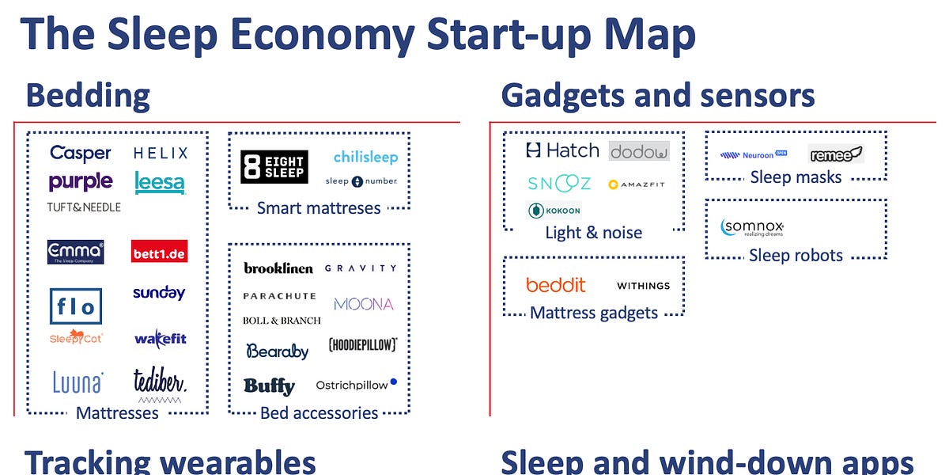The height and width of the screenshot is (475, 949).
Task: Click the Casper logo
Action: (x=80, y=153)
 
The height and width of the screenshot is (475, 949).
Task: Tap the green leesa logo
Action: (x=160, y=183)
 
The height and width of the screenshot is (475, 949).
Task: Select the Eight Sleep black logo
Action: (x=274, y=167)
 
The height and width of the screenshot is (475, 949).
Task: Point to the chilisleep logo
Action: (x=365, y=157)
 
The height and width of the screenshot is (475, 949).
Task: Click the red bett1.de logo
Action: (x=159, y=252)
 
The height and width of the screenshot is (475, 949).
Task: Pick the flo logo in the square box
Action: (x=76, y=306)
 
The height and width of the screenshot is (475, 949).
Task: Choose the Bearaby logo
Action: (x=277, y=351)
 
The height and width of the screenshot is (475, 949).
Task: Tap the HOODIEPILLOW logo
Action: (x=362, y=345)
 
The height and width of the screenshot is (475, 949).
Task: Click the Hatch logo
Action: (x=561, y=150)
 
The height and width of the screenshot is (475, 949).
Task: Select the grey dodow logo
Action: (x=639, y=151)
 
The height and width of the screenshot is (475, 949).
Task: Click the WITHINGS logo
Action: (x=643, y=286)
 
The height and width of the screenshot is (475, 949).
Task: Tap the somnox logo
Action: (x=752, y=228)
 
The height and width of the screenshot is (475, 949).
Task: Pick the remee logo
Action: (x=835, y=154)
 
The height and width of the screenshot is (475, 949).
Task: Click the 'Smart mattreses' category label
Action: (x=319, y=209)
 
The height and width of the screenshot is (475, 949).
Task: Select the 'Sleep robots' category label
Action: (x=796, y=256)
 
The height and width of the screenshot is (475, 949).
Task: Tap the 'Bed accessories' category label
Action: (x=319, y=413)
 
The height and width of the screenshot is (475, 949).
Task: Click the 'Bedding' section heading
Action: (x=88, y=96)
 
